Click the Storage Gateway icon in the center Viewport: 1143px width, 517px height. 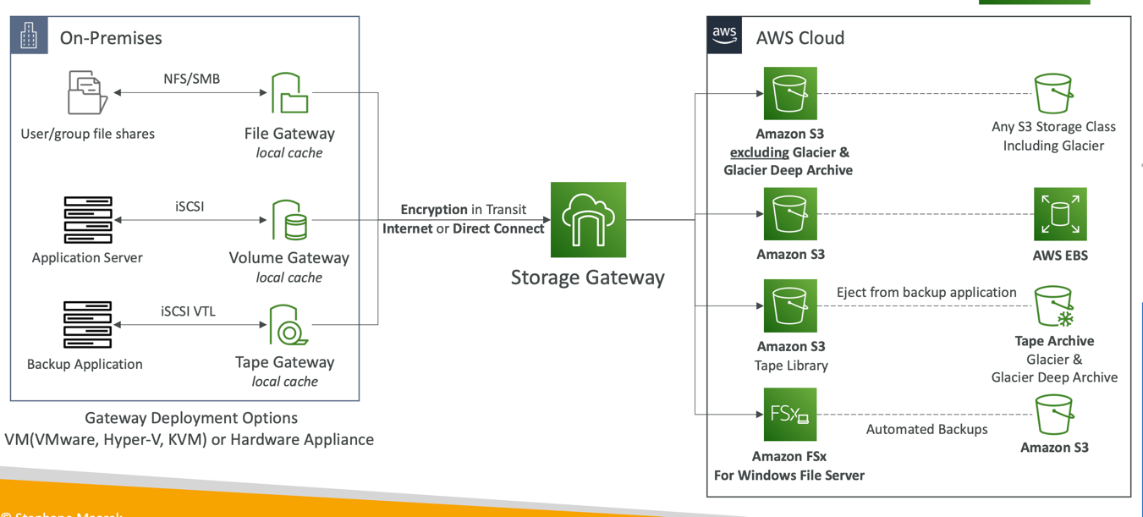(588, 220)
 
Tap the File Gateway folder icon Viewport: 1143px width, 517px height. (289, 93)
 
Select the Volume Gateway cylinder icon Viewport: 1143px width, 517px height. (289, 221)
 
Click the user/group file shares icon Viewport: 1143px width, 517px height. (87, 92)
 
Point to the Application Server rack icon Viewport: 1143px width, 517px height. (88, 220)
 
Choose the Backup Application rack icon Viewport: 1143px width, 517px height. (87, 324)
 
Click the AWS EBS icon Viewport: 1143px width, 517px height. (1059, 214)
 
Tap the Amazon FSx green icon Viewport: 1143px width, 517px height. (789, 415)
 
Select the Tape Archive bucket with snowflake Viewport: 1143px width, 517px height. (1054, 306)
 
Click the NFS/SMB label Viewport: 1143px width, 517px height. (191, 79)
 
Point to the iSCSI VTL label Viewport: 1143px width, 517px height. (188, 311)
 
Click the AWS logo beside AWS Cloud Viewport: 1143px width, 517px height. (724, 35)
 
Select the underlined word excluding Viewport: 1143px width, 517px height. (759, 152)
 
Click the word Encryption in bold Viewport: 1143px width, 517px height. (434, 209)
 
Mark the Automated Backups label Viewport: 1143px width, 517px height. (926, 429)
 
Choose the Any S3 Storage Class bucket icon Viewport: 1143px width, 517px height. (1053, 92)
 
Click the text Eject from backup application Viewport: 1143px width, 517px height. (926, 292)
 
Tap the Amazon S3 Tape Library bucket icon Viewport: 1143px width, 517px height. (789, 305)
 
